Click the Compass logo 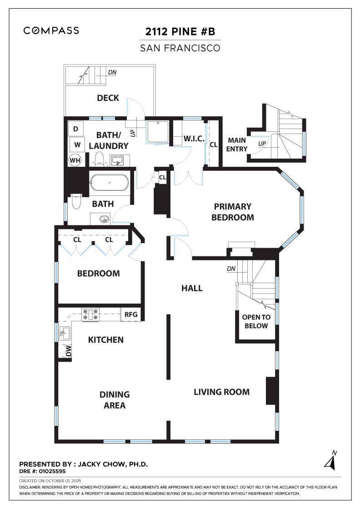pyautogui.click(x=51, y=30)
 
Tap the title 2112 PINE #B pyautogui.click(x=180, y=31)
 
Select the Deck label pyautogui.click(x=108, y=98)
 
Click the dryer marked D pyautogui.click(x=75, y=129)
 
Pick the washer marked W pyautogui.click(x=77, y=145)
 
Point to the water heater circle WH pyautogui.click(x=75, y=160)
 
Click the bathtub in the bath pyautogui.click(x=110, y=183)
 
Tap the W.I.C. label pyautogui.click(x=194, y=139)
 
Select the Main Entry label pyautogui.click(x=237, y=145)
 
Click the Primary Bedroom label pyautogui.click(x=233, y=212)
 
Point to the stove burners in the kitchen pyautogui.click(x=90, y=314)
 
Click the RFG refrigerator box pyautogui.click(x=131, y=314)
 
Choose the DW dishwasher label pyautogui.click(x=69, y=351)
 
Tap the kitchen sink pyautogui.click(x=65, y=333)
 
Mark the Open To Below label pyautogui.click(x=256, y=321)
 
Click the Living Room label pyautogui.click(x=222, y=392)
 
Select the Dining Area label pyautogui.click(x=115, y=400)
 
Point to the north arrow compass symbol pyautogui.click(x=331, y=461)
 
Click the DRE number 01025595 pyautogui.click(x=52, y=471)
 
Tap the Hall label pyautogui.click(x=192, y=288)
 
